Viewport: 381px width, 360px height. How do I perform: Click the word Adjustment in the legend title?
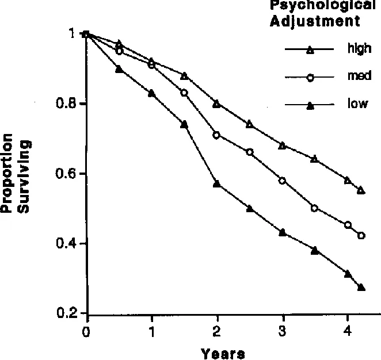click(x=315, y=22)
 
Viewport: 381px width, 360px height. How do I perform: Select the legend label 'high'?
click(x=359, y=49)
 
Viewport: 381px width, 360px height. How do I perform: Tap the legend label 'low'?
click(x=357, y=104)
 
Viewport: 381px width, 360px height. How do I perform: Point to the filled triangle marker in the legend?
click(x=310, y=105)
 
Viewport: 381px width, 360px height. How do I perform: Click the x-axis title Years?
click(x=223, y=353)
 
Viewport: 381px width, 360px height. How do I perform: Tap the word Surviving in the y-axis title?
click(x=24, y=174)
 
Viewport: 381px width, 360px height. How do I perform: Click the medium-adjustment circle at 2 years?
click(x=217, y=135)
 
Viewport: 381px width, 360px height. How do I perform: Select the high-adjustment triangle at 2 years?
click(x=217, y=104)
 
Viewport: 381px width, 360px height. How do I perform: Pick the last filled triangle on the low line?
click(x=361, y=287)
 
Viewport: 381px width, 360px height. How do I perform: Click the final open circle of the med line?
click(x=361, y=235)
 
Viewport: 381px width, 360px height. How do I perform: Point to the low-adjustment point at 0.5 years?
click(x=119, y=69)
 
